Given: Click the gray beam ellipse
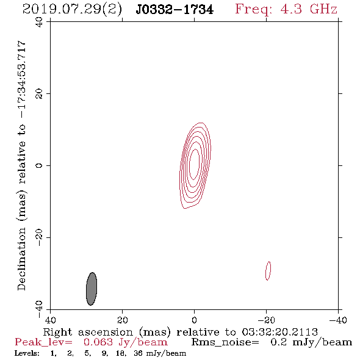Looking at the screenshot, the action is pos(92,289).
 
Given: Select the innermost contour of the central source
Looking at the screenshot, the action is pos(190,164).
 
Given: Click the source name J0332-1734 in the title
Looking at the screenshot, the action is pos(175,9).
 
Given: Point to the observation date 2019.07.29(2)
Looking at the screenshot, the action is pos(72,10).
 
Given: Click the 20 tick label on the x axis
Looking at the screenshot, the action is pos(122,320).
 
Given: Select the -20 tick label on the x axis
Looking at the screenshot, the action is pos(266,320).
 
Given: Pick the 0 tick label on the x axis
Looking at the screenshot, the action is pos(194,320).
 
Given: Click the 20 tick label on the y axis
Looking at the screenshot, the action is pos(39,94).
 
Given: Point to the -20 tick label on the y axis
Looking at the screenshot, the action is pos(39,237).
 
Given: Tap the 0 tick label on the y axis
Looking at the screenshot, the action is pos(39,165).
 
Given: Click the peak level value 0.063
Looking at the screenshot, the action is pos(98,342).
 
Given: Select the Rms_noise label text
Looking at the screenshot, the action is pos(225,342).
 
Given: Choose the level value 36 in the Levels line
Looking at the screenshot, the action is pos(139,353).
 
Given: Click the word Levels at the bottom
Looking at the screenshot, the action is pos(27,353).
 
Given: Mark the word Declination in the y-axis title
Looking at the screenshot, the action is pos(21,259).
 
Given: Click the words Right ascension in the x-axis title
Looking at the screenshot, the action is pos(88,332).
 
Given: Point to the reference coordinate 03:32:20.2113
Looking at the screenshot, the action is pos(280,332).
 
